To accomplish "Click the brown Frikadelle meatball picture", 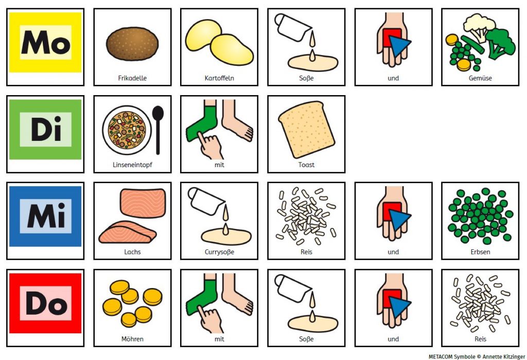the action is tap(132, 44).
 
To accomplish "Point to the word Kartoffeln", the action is tap(219, 78).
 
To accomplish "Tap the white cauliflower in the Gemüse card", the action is tap(479, 26).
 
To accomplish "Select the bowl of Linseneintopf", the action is tap(127, 130).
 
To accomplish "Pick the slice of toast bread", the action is tap(306, 129).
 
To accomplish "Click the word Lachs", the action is tap(132, 252).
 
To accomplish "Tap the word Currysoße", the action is tap(219, 252).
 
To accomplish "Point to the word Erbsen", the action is tap(480, 252).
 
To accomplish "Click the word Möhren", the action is tap(132, 339).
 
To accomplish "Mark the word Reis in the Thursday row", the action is tap(480, 339).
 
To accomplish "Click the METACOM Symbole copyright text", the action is tap(477, 356).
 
